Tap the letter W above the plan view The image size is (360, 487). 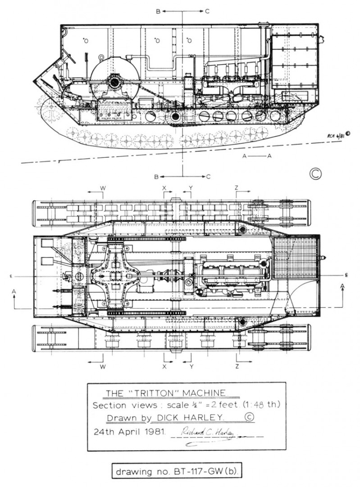pos(103,188)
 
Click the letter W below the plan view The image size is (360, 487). pos(103,367)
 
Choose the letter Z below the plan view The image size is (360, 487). pos(237,367)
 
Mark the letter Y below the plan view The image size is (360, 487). pos(191,367)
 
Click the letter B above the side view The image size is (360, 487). pos(158,12)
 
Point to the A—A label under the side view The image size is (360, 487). pos(257,156)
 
